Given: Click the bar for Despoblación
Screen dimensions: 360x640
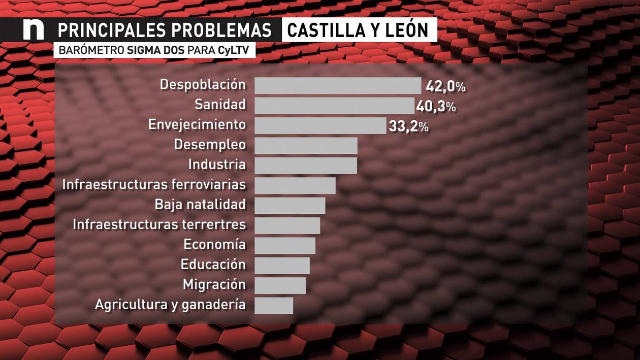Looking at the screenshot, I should pyautogui.click(x=338, y=86).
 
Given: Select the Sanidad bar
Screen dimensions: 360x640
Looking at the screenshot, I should pyautogui.click(x=334, y=106).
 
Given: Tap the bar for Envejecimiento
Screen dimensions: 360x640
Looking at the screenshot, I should pyautogui.click(x=320, y=125).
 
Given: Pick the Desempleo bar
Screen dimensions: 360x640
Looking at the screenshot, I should pyautogui.click(x=306, y=145).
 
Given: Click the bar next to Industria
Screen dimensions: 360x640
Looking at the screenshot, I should pyautogui.click(x=306, y=166).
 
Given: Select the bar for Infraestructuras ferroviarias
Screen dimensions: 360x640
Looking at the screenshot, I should pyautogui.click(x=295, y=185).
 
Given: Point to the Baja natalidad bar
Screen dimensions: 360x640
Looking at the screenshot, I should pyautogui.click(x=290, y=205).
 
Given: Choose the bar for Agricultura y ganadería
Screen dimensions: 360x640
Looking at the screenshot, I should pyautogui.click(x=274, y=305).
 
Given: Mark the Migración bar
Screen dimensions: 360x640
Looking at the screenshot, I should pyautogui.click(x=280, y=285).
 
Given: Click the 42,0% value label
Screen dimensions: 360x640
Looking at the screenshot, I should pyautogui.click(x=445, y=86).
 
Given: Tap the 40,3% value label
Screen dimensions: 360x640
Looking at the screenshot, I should pyautogui.click(x=436, y=107).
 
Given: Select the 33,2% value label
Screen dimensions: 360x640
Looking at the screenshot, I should pyautogui.click(x=408, y=126).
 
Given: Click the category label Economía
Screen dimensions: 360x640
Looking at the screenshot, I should pyautogui.click(x=214, y=245).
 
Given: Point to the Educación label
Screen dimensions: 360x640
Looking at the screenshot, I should pyautogui.click(x=213, y=265).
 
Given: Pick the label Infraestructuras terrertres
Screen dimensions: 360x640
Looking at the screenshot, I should pyautogui.click(x=159, y=224).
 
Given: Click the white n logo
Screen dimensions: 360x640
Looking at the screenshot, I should pyautogui.click(x=34, y=30).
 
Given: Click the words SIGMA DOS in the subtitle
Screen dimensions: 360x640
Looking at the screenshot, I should pyautogui.click(x=156, y=51).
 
